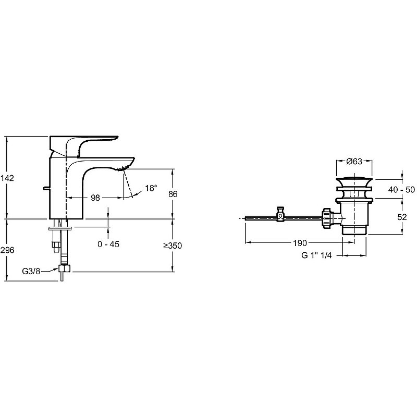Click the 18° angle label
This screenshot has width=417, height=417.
tap(151, 188)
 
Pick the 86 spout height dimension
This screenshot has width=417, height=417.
tap(174, 194)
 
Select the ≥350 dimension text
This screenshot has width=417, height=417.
tap(173, 246)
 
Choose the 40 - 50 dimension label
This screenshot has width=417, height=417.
tap(401, 190)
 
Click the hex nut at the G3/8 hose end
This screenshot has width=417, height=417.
tap(65, 269)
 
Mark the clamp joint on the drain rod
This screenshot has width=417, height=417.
tap(280, 214)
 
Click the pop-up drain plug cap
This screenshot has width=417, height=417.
tap(355, 180)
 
